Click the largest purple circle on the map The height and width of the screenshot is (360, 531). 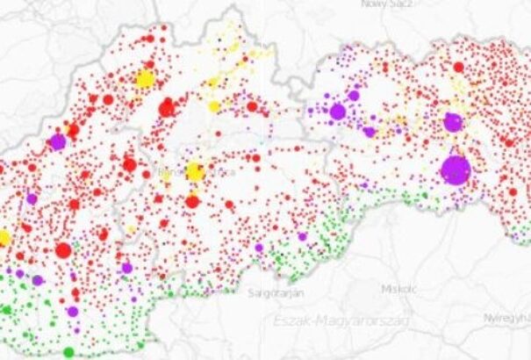point(456,169)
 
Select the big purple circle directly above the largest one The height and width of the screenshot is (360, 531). point(453,122)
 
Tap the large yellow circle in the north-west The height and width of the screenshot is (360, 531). point(145,79)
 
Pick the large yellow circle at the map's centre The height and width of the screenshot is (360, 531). point(195,171)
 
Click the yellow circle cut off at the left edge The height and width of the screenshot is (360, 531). point(3,238)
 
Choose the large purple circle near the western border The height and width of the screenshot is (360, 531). point(58,140)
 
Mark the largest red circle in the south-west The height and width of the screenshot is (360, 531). point(63,251)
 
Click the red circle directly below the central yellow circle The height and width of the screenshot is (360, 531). point(192,202)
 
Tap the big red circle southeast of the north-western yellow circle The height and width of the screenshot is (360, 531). point(167,109)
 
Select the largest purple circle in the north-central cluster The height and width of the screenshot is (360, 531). point(338,112)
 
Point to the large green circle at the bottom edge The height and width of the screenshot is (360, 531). point(68,352)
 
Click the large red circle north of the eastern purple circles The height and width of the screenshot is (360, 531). point(458,67)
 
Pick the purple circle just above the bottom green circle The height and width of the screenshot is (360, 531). point(72,311)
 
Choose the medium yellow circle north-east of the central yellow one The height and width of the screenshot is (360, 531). point(213,106)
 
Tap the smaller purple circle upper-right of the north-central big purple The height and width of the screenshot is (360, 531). point(354,95)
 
